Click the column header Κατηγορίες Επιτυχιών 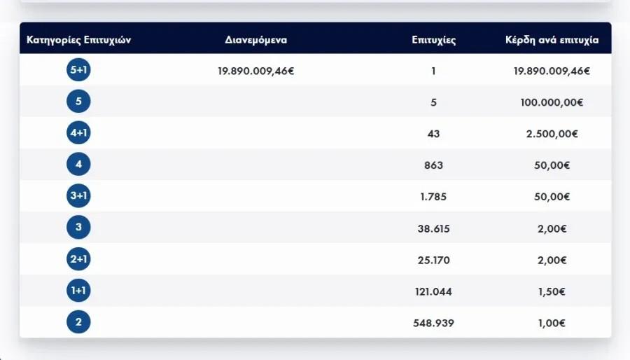coord(78,40)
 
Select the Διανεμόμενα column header coord(255,40)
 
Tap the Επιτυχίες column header coord(434,40)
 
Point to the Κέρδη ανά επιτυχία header coord(552,40)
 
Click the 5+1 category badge coord(78,70)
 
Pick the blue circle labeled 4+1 coord(78,133)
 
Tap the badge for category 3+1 coord(78,197)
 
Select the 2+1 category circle coord(78,260)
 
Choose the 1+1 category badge coord(78,291)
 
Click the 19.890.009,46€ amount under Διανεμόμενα coord(255,70)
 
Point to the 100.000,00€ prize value coord(552,102)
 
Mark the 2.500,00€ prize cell coord(552,134)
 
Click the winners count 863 coord(434,165)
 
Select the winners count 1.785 coord(434,197)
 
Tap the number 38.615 coord(434,228)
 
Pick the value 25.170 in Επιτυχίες coord(434,260)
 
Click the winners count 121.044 coord(434,291)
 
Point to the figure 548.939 coord(434,323)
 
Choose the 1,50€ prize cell coord(552,291)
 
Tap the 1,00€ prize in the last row coord(552,323)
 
